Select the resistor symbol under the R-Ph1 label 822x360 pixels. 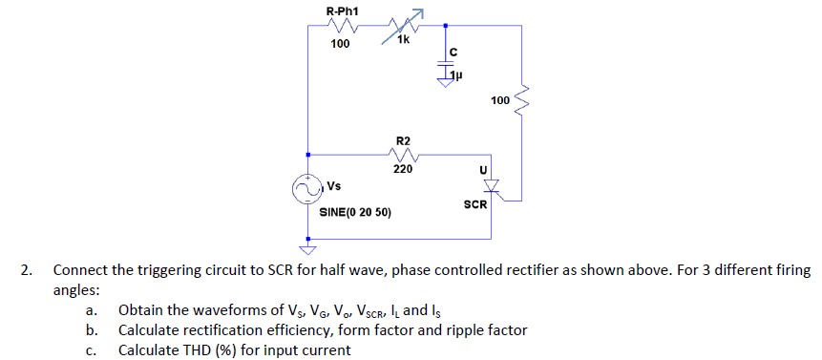pyautogui.click(x=341, y=29)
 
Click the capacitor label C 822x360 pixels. pyautogui.click(x=453, y=52)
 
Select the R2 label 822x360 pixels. pyautogui.click(x=403, y=141)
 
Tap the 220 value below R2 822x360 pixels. pyautogui.click(x=403, y=169)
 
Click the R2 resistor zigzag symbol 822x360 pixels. pyautogui.click(x=403, y=155)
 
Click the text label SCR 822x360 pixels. pyautogui.click(x=474, y=204)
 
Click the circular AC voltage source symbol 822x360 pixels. pyautogui.click(x=307, y=191)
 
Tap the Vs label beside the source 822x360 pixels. pyautogui.click(x=335, y=185)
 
